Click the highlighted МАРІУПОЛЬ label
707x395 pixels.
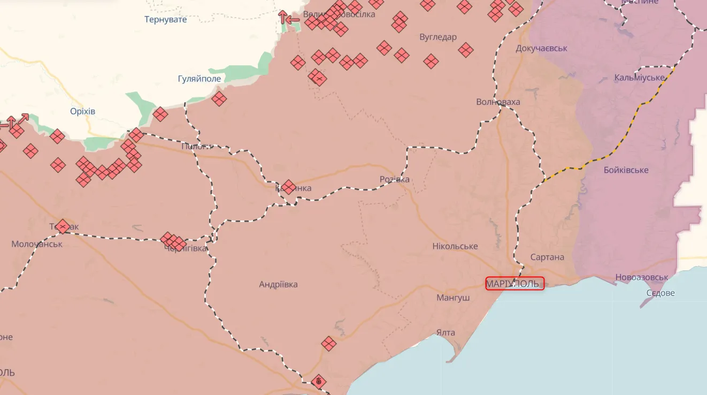click(514, 284)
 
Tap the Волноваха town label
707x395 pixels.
click(498, 102)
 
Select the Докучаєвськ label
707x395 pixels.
click(541, 48)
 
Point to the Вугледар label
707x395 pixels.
click(438, 37)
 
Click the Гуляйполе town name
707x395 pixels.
click(199, 79)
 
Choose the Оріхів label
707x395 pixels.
click(82, 111)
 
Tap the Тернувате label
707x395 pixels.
click(166, 20)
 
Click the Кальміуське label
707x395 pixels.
click(640, 78)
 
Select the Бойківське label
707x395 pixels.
click(626, 170)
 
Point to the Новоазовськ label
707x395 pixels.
click(642, 277)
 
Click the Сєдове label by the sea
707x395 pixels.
click(660, 293)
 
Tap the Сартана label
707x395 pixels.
click(547, 257)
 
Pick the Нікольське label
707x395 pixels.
click(455, 246)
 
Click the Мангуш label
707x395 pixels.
click(453, 298)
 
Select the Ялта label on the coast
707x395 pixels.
click(445, 333)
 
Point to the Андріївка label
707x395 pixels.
click(278, 285)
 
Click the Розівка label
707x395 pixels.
click(394, 179)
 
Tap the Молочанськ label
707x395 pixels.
click(37, 244)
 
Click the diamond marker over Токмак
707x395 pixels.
click(63, 227)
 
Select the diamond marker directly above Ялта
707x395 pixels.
click(329, 344)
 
